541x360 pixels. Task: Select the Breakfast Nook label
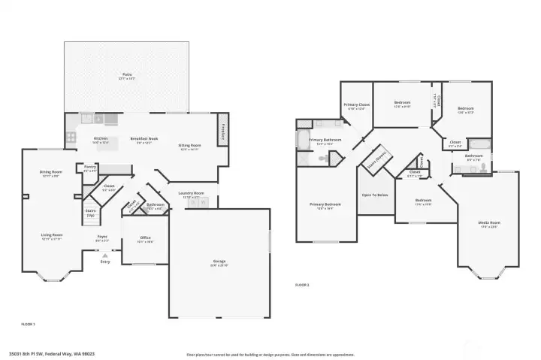click(144, 139)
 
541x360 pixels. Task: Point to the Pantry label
click(89, 168)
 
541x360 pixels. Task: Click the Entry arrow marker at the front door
click(104, 256)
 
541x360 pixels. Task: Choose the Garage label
click(219, 262)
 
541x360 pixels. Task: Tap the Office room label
click(146, 239)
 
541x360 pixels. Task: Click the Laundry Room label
click(191, 194)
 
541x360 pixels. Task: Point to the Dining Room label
click(51, 174)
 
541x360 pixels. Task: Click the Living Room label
click(51, 236)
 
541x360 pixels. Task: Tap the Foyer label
click(102, 238)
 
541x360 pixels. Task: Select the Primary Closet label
click(356, 105)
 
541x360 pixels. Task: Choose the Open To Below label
click(375, 195)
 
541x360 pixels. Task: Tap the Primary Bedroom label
click(325, 205)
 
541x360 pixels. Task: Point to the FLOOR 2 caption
click(302, 285)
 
